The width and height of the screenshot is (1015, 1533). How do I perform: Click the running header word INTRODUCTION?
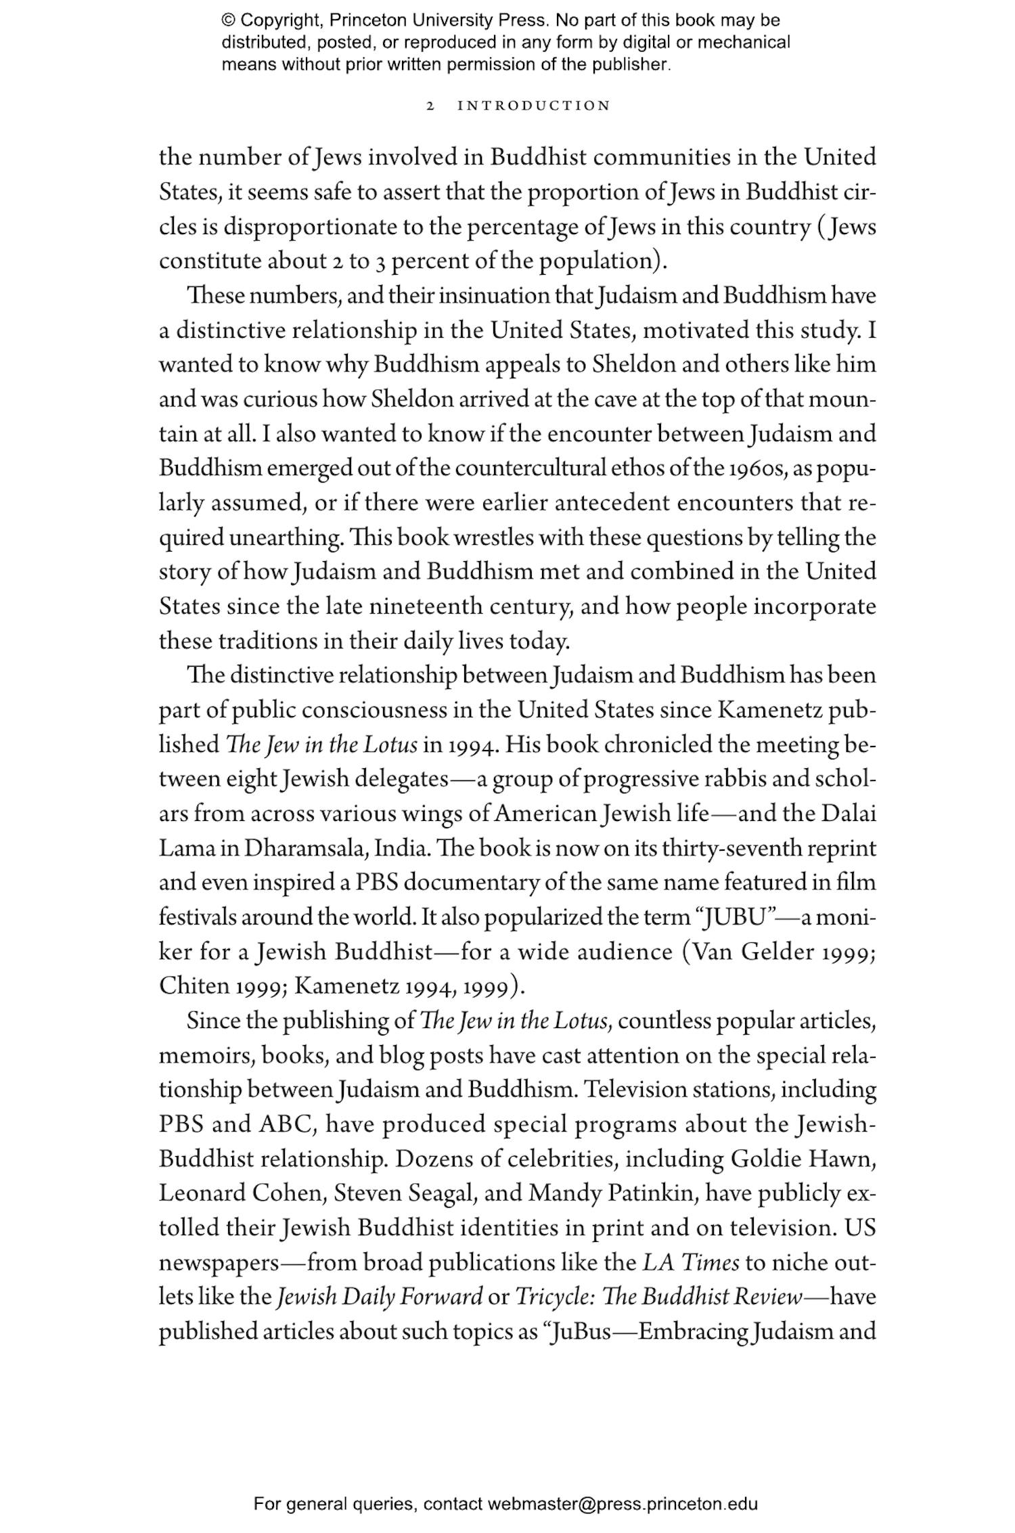tap(534, 106)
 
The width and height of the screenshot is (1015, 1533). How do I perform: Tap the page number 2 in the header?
tap(430, 106)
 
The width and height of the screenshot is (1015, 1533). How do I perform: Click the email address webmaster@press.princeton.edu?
tap(622, 1504)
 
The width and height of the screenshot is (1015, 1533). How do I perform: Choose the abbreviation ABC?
tap(286, 1124)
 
